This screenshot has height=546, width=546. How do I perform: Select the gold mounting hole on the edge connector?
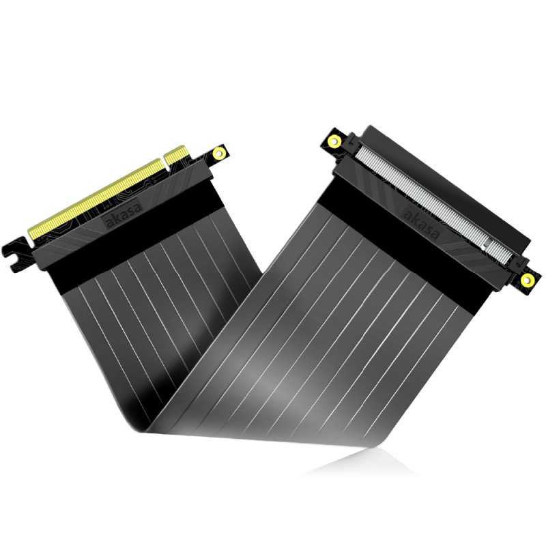click(x=219, y=153)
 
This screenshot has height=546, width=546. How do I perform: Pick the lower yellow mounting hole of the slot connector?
click(x=526, y=279)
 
